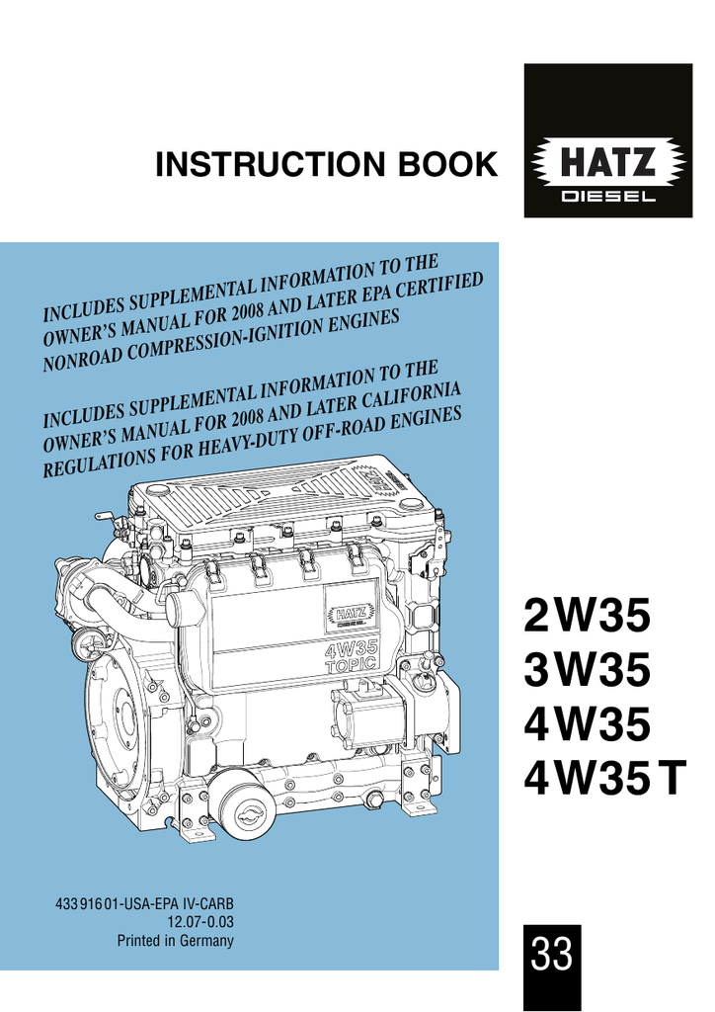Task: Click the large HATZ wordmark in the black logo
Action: [608, 162]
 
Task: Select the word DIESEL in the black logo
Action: [608, 197]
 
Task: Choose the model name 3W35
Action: [587, 669]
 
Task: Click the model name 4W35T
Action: [604, 779]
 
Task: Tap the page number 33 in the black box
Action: [552, 954]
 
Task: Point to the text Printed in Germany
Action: [176, 941]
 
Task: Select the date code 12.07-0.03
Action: [199, 922]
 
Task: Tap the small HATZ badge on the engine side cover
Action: [352, 615]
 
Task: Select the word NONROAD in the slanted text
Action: [79, 358]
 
